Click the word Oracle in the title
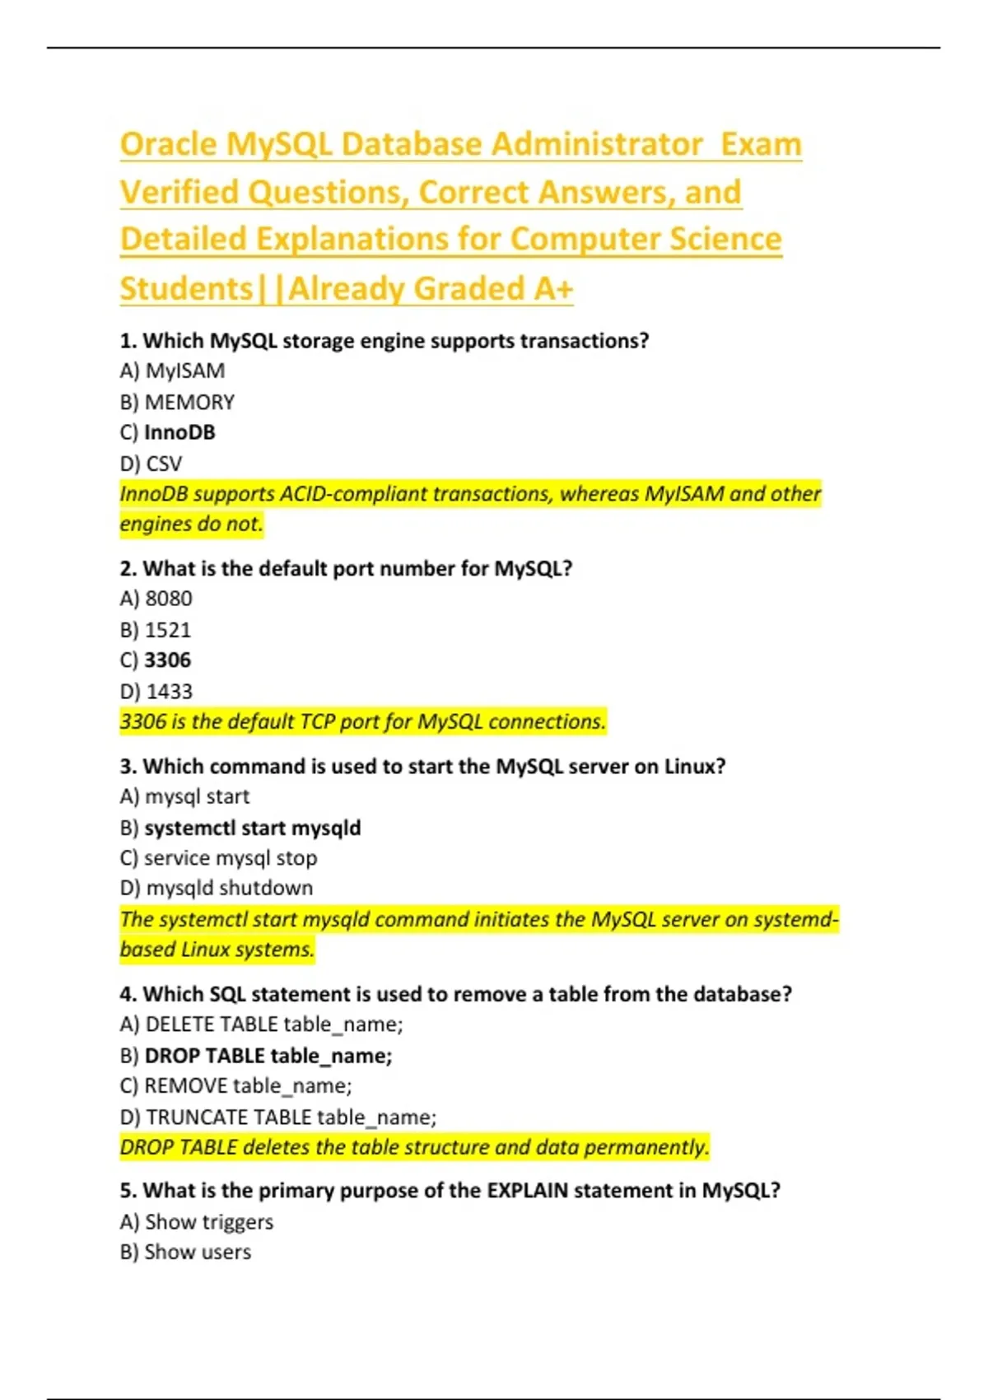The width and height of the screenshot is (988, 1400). click(x=169, y=145)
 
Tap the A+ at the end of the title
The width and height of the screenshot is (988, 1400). click(x=552, y=289)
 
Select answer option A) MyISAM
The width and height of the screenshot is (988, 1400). click(x=172, y=371)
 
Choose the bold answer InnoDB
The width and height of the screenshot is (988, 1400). click(x=179, y=433)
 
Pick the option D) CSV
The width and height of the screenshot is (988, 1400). click(x=151, y=464)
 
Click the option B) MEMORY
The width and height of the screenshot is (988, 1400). click(x=177, y=403)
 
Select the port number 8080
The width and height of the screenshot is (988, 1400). click(x=168, y=599)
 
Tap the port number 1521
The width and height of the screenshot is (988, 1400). click(x=168, y=630)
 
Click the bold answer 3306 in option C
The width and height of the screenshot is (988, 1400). click(x=167, y=660)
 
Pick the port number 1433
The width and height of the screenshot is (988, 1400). click(x=169, y=692)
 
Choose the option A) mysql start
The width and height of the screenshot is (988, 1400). click(x=184, y=797)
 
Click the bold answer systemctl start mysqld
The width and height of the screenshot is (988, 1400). click(x=252, y=828)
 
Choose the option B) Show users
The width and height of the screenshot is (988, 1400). click(x=185, y=1253)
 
